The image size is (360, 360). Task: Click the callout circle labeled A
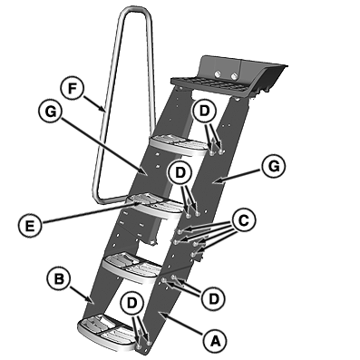tap(215, 341)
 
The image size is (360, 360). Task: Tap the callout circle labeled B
tap(59, 279)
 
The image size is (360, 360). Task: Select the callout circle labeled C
tap(243, 220)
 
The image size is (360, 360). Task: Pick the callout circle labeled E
tap(30, 226)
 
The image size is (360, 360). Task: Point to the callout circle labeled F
tap(72, 89)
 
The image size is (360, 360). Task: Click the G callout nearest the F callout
tap(50, 112)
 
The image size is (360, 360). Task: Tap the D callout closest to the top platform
tap(204, 112)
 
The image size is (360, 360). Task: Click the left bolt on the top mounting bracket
tap(217, 73)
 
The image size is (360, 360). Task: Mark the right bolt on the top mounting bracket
tap(234, 75)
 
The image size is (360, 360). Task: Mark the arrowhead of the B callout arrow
tap(92, 301)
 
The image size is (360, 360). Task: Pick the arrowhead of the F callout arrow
tap(103, 110)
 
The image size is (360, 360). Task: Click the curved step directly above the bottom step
tap(133, 268)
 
